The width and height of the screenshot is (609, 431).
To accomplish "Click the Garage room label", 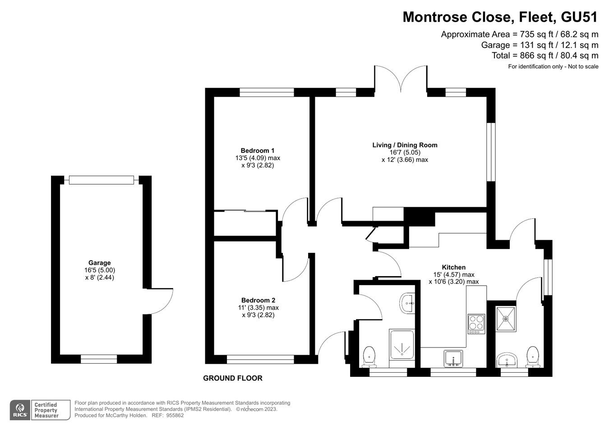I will [x=99, y=263].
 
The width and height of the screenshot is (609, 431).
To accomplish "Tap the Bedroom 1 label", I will [x=257, y=151].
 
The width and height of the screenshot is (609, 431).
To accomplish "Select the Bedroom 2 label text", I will [x=258, y=300].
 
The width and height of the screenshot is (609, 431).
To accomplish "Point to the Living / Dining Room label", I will [x=405, y=145].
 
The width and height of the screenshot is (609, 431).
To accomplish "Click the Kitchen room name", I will [x=453, y=267].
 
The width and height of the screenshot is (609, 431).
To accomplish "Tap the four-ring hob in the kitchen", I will [x=476, y=324].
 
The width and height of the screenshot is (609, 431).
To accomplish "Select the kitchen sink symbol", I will [x=453, y=358].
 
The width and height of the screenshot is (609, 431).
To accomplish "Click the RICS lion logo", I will [x=19, y=410].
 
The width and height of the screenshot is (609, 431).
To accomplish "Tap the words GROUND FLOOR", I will [x=232, y=378].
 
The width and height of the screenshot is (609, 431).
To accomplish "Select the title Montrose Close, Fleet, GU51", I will [x=500, y=17].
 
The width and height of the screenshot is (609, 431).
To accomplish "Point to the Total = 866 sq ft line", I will [x=544, y=56].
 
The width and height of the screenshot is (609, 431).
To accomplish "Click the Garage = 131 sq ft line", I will [x=540, y=45].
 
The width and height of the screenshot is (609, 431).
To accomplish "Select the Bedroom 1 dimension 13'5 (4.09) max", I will [x=258, y=158].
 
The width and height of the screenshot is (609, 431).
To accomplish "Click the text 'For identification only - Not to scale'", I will [x=553, y=67].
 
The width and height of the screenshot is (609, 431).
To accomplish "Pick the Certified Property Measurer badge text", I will [x=46, y=410].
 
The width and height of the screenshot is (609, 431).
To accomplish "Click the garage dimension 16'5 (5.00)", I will [x=99, y=270].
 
